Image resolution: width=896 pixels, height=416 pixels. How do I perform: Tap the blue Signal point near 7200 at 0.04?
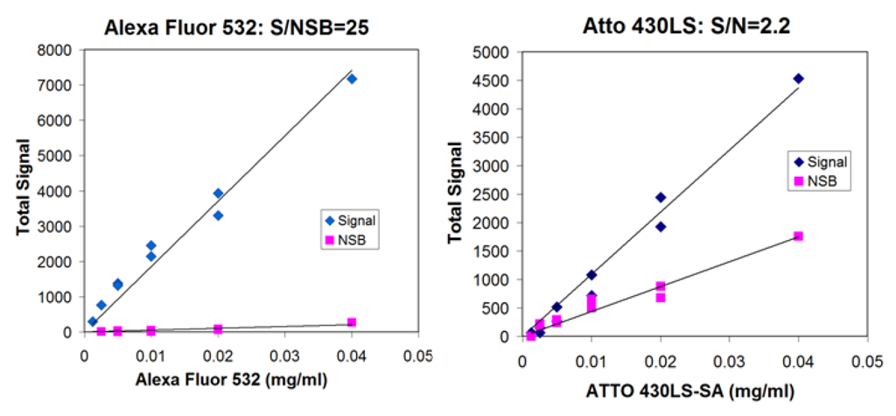click(352, 79)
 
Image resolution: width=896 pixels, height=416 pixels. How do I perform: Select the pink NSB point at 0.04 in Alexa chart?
click(352, 322)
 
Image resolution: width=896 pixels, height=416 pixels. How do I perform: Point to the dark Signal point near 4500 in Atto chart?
click(798, 79)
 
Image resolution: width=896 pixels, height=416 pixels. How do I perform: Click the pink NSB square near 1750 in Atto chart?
click(798, 236)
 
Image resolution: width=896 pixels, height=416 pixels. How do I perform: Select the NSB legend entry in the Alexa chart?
click(345, 241)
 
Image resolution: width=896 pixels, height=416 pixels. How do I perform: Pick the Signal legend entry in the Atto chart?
click(819, 161)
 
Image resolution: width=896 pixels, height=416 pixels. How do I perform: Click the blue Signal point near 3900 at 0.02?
click(218, 194)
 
